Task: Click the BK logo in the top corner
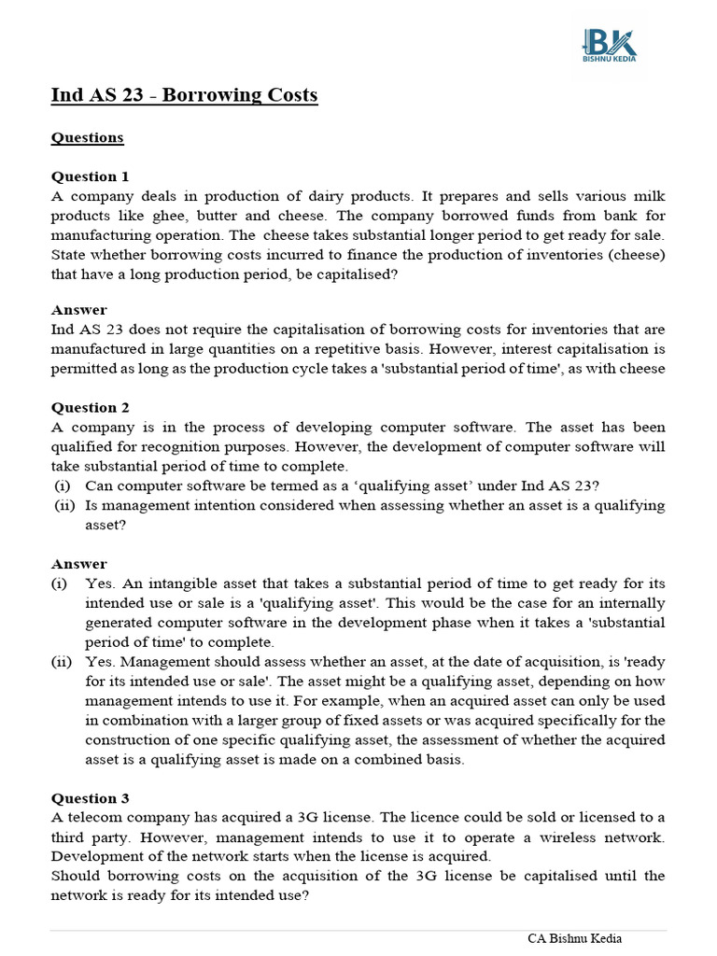point(609,44)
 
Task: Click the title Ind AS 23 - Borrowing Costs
point(184,95)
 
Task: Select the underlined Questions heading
point(87,138)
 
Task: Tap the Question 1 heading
point(90,176)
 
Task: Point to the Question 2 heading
point(90,407)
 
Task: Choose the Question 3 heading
point(90,798)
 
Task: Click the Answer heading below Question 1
point(78,310)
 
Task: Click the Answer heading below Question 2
point(78,564)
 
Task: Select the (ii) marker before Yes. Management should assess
point(63,662)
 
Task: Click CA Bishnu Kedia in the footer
point(575,938)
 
